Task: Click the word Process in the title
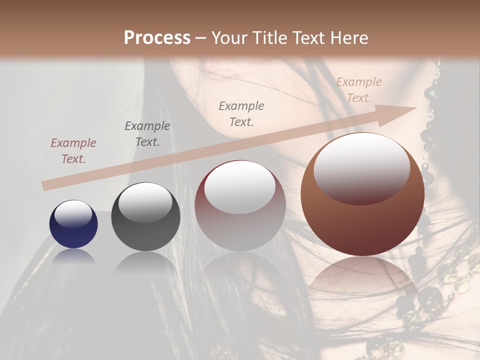point(157,37)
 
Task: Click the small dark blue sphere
point(73,230)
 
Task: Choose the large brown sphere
point(362,220)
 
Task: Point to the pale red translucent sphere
point(240,220)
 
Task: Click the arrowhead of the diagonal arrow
point(405,111)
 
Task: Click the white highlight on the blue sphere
point(73,214)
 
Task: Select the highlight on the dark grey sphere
point(145,202)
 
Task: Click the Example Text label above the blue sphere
point(73,151)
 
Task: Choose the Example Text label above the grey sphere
point(147,134)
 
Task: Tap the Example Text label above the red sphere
point(241,113)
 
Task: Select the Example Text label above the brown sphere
point(359,90)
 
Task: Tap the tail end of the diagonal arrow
point(46,185)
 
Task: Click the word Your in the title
point(227,37)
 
